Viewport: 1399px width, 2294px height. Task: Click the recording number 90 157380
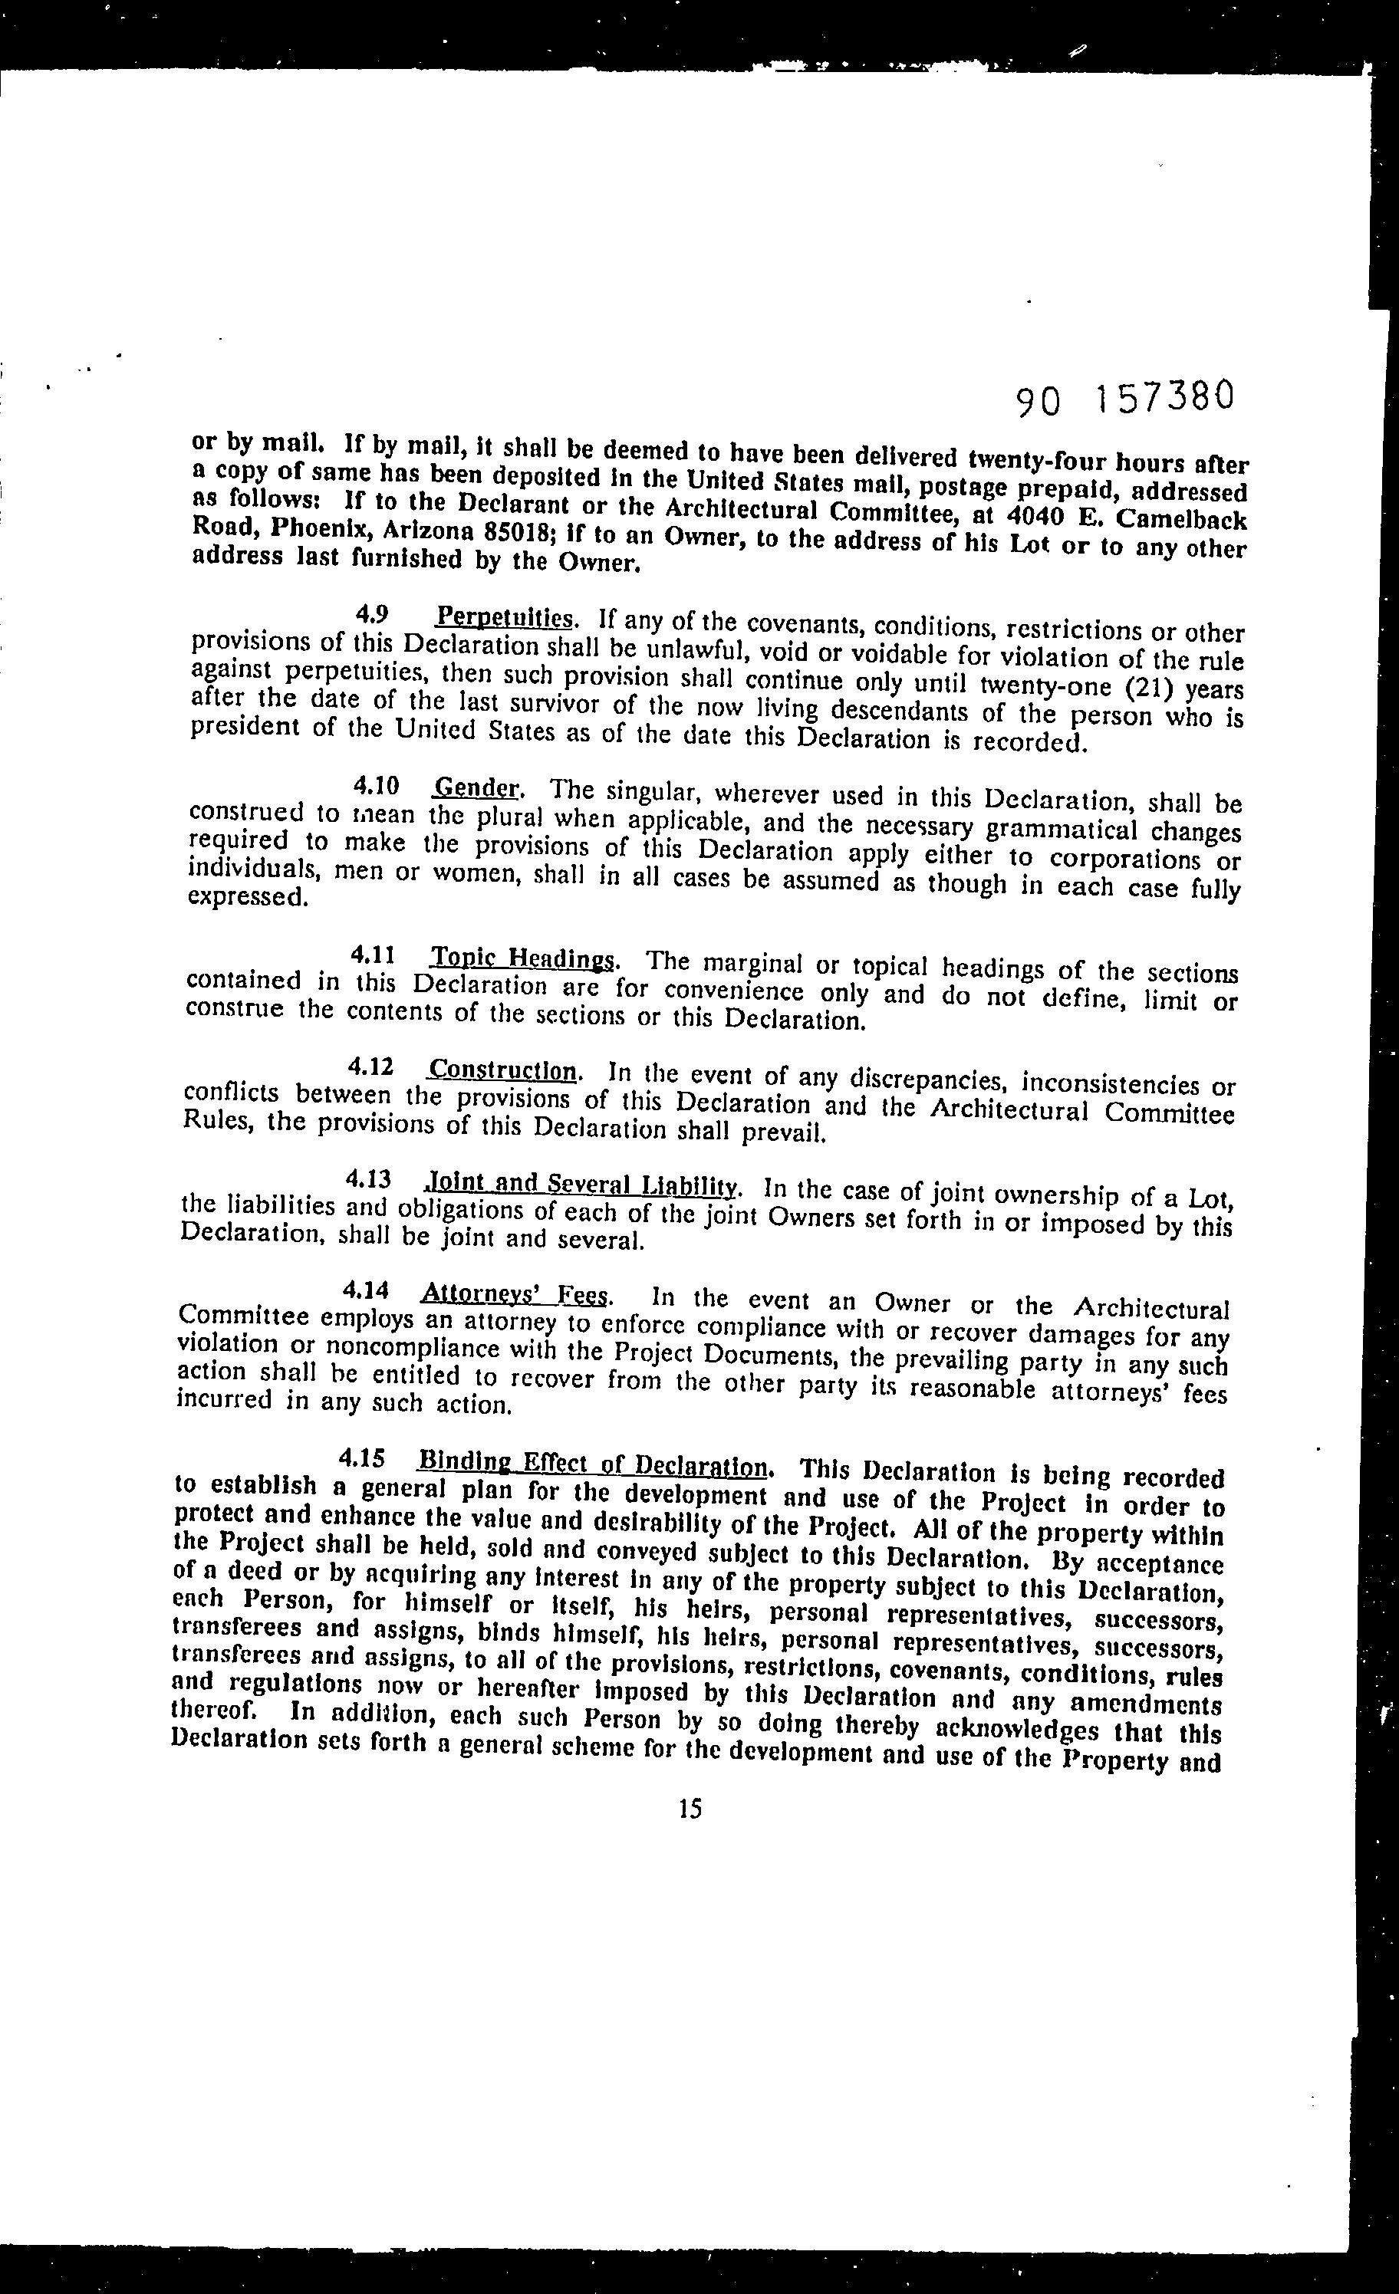(1125, 399)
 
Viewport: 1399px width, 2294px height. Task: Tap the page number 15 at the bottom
(690, 1808)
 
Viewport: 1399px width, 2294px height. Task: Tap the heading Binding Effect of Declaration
(594, 1463)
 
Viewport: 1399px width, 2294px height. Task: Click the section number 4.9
(372, 613)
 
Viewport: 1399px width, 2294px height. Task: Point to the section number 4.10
(370, 786)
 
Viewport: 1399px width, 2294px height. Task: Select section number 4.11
(367, 955)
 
